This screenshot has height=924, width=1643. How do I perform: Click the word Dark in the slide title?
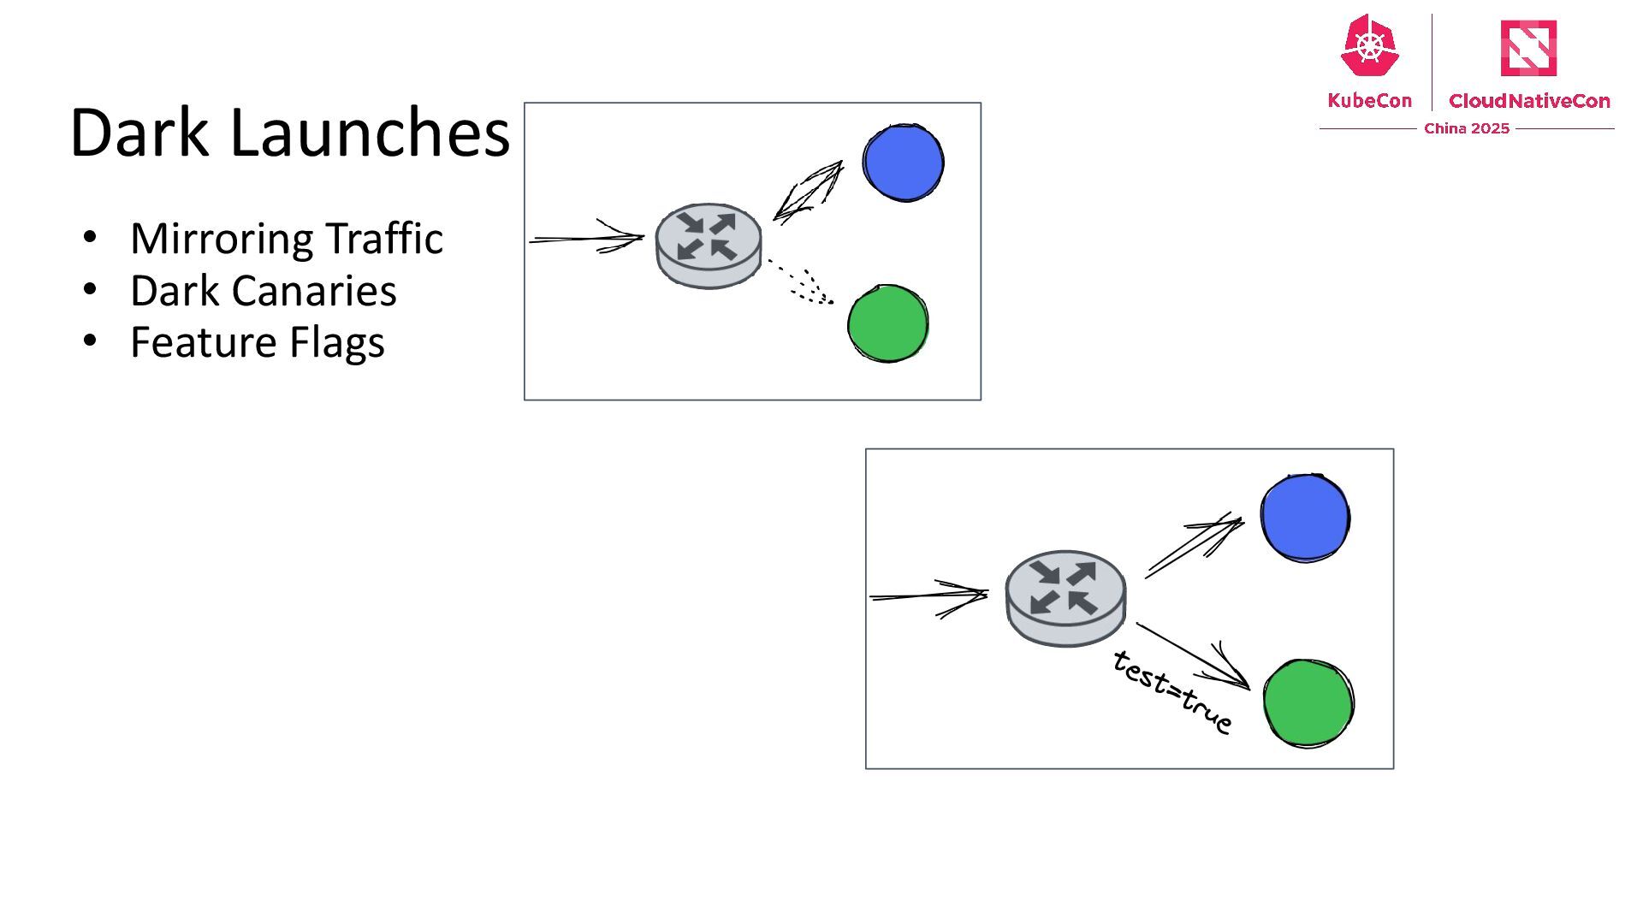[x=139, y=133]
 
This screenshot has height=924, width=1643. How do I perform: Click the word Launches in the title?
[x=370, y=133]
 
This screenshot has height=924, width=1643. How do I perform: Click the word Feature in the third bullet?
[x=202, y=342]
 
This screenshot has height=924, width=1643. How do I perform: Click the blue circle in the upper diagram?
[x=903, y=163]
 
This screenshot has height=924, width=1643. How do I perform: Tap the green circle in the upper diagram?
[x=887, y=323]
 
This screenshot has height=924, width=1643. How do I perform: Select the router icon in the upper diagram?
[x=709, y=246]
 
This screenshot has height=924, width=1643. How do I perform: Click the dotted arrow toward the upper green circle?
[x=800, y=281]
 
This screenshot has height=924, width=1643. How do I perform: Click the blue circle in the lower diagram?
[x=1305, y=518]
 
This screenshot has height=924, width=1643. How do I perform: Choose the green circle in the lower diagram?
[x=1308, y=702]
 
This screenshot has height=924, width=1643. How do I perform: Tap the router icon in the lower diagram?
[x=1065, y=597]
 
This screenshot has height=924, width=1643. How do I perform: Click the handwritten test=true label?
[x=1172, y=691]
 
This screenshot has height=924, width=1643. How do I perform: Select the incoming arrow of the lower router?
[x=928, y=595]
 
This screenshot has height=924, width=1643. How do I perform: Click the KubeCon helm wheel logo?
[x=1369, y=47]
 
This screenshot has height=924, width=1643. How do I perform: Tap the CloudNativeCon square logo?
[x=1528, y=48]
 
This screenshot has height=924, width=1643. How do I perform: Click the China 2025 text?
[x=1467, y=128]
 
